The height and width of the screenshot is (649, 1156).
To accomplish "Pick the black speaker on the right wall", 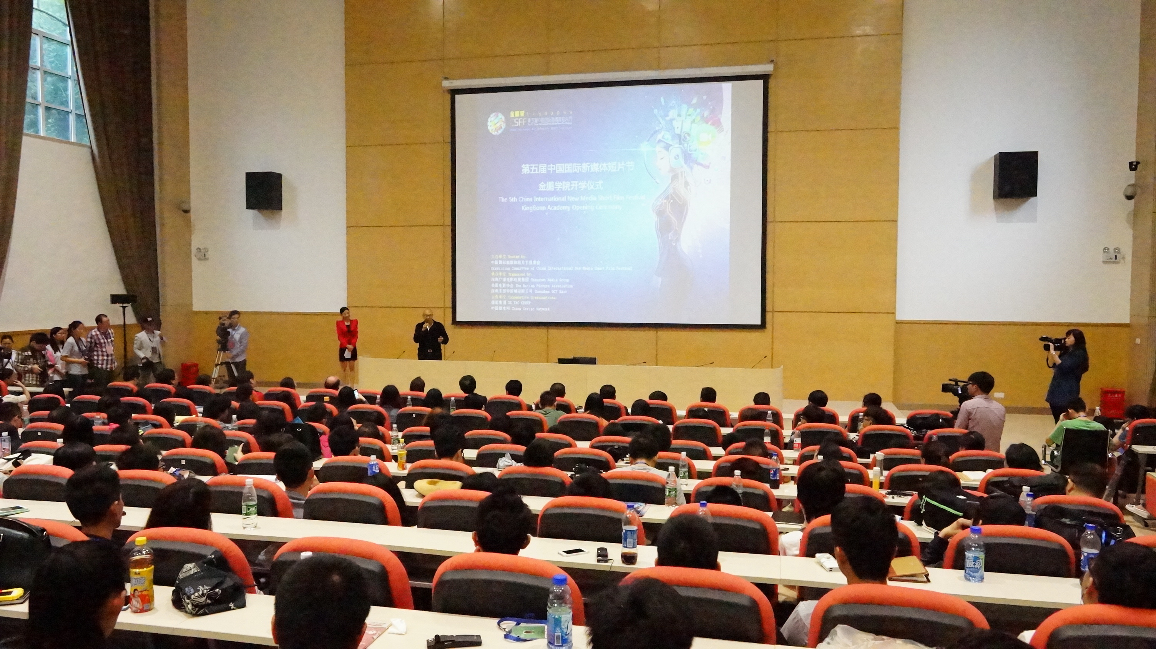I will [1015, 175].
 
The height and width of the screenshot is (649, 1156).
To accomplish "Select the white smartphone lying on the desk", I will [573, 551].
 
